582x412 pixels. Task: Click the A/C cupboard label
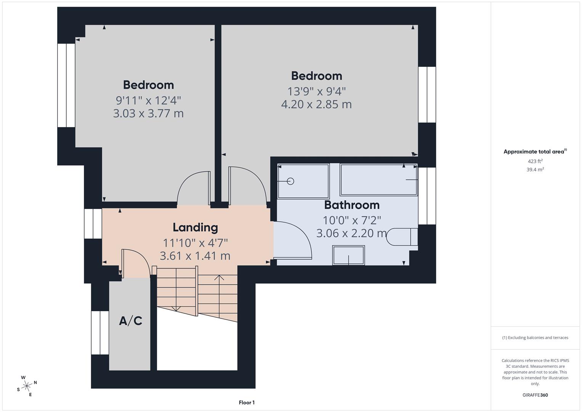(130, 321)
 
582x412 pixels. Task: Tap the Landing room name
(195, 227)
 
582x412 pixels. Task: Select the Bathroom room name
(351, 205)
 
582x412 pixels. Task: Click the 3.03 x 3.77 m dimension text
(148, 113)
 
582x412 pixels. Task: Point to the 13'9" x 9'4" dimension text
(316, 92)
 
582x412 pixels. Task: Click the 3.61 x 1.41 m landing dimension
(195, 256)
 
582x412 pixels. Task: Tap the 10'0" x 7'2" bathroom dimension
(351, 220)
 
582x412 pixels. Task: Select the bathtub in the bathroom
(378, 180)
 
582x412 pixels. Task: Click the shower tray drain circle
(290, 181)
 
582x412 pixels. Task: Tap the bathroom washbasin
(349, 255)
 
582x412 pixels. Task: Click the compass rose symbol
(27, 386)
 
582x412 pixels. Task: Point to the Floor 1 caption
(247, 402)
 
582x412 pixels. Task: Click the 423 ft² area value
(535, 161)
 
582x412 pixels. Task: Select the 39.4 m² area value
(535, 170)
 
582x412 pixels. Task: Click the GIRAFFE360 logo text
(535, 395)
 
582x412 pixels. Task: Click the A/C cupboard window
(100, 333)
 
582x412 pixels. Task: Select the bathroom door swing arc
(301, 237)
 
